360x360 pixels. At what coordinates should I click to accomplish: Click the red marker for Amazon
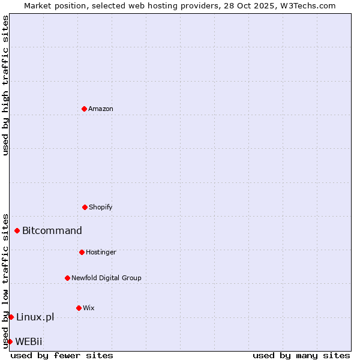pos(84,109)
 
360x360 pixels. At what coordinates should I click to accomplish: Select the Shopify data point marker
pos(85,207)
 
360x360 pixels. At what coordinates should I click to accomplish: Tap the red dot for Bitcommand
pos(17,230)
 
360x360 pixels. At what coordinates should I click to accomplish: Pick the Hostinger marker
pos(82,252)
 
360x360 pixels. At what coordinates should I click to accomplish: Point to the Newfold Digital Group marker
pos(67,278)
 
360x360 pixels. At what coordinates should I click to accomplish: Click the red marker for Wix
pos(79,308)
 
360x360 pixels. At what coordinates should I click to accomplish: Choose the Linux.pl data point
pos(11,317)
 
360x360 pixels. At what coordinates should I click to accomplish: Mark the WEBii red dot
pos(10,341)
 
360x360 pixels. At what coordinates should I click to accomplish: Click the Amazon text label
pos(101,109)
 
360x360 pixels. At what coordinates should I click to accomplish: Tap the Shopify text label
pos(101,207)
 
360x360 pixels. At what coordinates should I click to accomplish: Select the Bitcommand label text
pos(52,230)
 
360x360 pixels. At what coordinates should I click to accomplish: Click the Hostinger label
pos(101,252)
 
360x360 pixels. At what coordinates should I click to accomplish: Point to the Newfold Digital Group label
pos(106,278)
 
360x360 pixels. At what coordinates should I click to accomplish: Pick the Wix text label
pos(89,308)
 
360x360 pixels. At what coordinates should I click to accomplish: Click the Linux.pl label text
pos(35,317)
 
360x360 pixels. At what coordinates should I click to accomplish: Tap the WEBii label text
pos(29,341)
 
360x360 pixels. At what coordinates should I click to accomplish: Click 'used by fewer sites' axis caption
pos(62,355)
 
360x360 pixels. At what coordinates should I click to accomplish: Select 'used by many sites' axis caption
pos(301,355)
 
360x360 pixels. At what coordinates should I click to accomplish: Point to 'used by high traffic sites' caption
pos(5,85)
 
